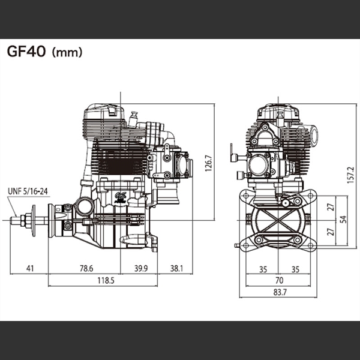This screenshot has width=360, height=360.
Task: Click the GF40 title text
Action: (26, 52)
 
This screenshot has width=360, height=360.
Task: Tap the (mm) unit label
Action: (67, 52)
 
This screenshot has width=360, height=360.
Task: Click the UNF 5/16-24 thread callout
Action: (28, 191)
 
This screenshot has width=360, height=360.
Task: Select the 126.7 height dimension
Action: (208, 163)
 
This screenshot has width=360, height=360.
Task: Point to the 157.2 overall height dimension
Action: (350, 175)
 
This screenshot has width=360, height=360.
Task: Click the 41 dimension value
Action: (30, 268)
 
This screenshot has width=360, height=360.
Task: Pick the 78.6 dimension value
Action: (86, 268)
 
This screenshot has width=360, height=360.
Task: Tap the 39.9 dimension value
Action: (141, 268)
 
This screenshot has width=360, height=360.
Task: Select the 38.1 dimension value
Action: (176, 268)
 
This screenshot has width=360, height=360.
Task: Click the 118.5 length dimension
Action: (106, 280)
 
